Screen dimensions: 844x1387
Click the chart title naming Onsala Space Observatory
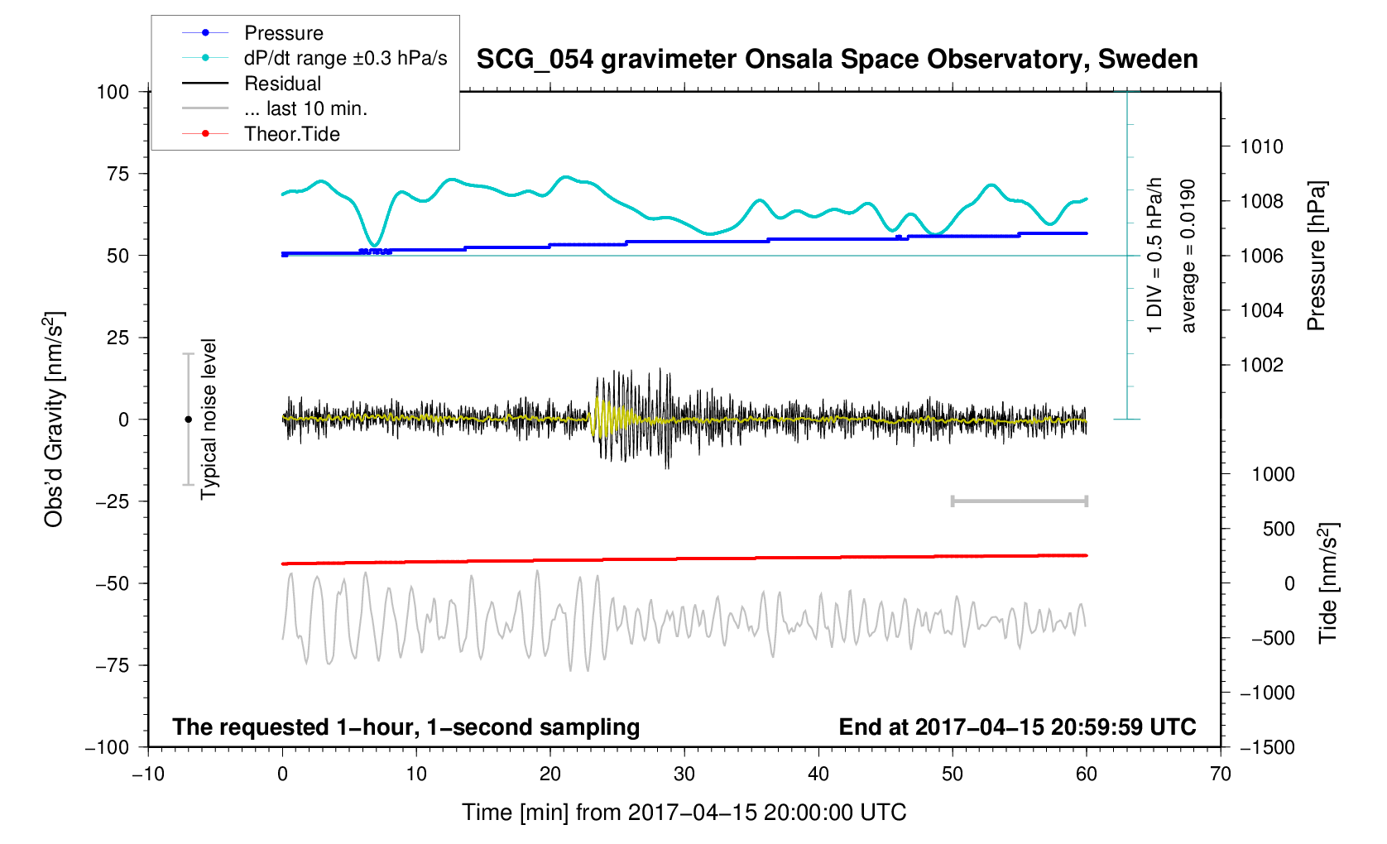point(837,60)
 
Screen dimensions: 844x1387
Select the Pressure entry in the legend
point(284,33)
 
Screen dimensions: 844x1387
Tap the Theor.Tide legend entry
point(291,134)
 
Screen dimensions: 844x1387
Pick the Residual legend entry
point(282,84)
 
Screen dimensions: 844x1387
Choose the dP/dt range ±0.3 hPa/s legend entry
point(345,58)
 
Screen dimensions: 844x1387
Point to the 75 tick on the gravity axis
point(113,174)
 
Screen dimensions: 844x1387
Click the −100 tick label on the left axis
point(107,747)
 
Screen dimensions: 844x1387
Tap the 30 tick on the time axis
point(684,774)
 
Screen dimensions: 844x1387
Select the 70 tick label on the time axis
point(1220,774)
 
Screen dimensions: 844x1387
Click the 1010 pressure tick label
point(1261,146)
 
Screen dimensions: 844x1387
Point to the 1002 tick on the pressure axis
point(1261,365)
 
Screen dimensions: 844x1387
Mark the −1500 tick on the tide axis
point(1267,747)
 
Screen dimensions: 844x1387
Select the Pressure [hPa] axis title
point(1317,256)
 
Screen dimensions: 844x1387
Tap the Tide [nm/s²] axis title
point(1327,583)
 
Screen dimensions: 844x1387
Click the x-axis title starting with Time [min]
point(684,813)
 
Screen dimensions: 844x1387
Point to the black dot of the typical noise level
point(188,420)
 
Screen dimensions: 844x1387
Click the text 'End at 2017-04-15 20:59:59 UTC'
point(1017,727)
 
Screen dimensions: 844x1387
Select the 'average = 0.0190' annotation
point(1188,256)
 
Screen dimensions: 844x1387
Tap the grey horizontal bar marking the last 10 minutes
point(1019,501)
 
